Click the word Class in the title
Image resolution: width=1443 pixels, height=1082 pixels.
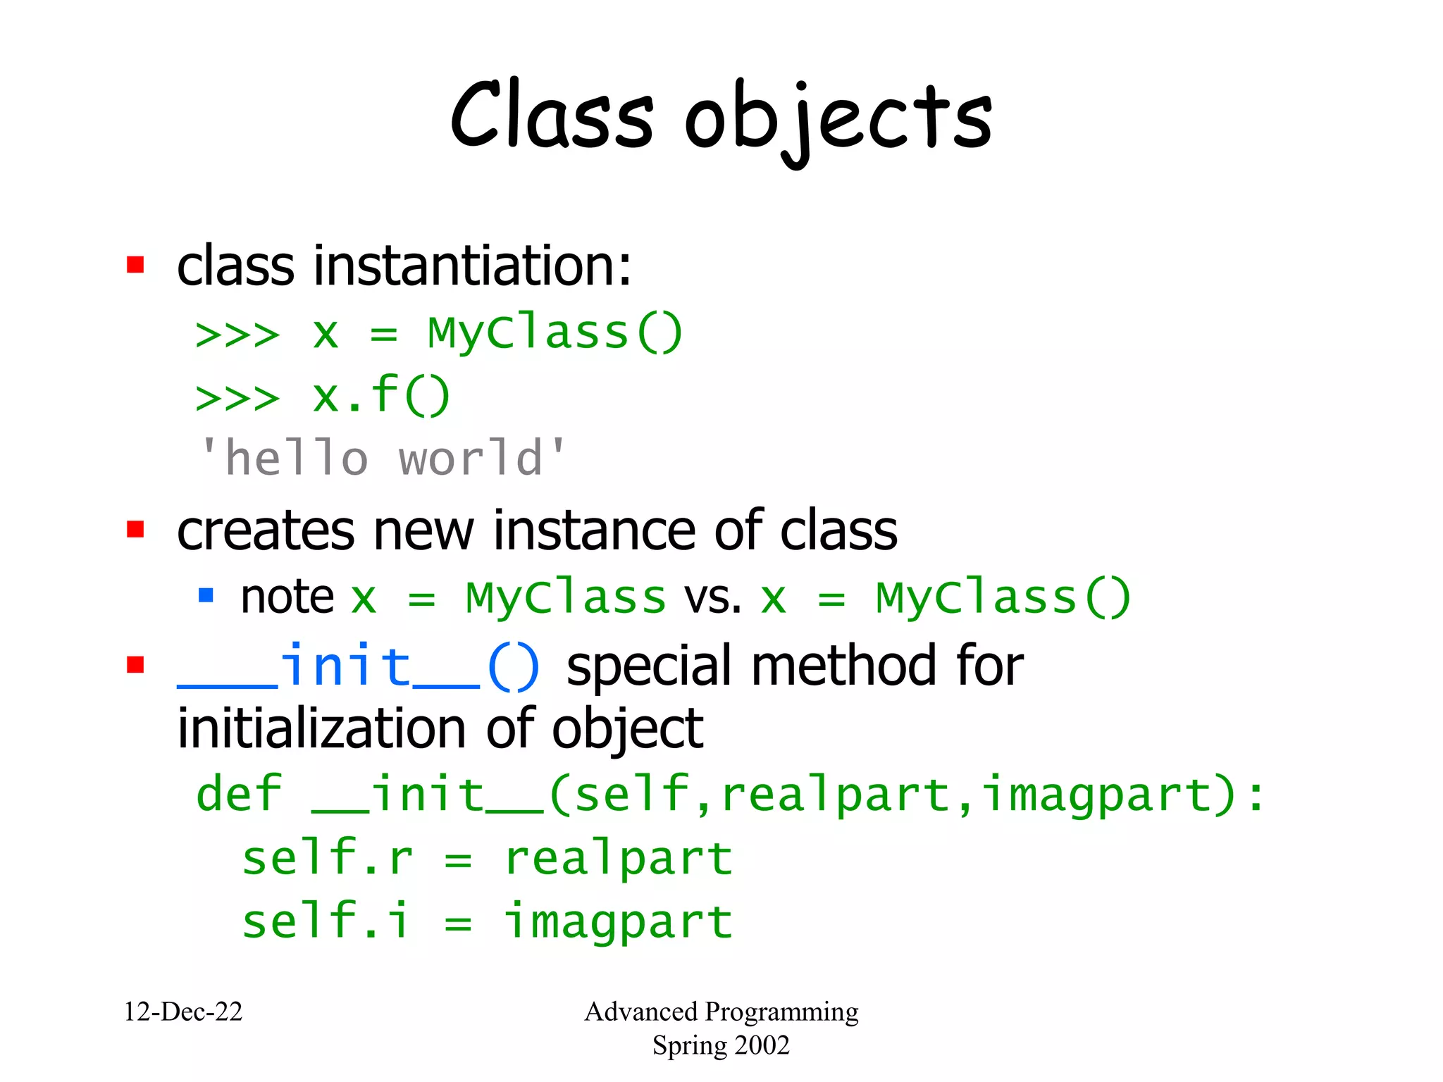[552, 116]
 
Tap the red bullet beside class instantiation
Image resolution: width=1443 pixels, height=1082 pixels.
[135, 265]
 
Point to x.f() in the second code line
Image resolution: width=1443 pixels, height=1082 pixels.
[381, 395]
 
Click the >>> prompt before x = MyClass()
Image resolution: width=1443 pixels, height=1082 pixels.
[237, 334]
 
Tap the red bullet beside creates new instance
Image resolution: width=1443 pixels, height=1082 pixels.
[135, 529]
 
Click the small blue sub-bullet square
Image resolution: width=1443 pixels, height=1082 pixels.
[206, 596]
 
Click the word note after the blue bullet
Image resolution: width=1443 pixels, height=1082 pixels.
[287, 597]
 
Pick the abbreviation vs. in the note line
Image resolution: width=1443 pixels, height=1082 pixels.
[712, 597]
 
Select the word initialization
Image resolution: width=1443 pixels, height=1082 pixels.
[321, 728]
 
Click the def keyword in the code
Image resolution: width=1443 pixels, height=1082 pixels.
[239, 794]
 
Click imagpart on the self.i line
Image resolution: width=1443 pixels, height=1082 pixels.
[619, 922]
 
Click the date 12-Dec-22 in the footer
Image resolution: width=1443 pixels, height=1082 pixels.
[183, 1012]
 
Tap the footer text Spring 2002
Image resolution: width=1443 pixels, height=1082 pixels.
[721, 1045]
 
